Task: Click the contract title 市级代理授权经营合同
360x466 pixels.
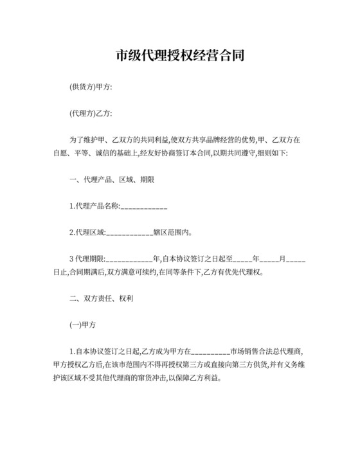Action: [x=179, y=56]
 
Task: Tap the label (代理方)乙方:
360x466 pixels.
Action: [x=91, y=114]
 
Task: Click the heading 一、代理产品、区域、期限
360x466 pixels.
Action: [x=111, y=180]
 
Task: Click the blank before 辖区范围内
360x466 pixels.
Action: [x=128, y=233]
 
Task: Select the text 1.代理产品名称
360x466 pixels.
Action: [x=94, y=206]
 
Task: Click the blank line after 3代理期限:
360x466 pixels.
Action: [x=129, y=259]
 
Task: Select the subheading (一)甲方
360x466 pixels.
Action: [x=82, y=325]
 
